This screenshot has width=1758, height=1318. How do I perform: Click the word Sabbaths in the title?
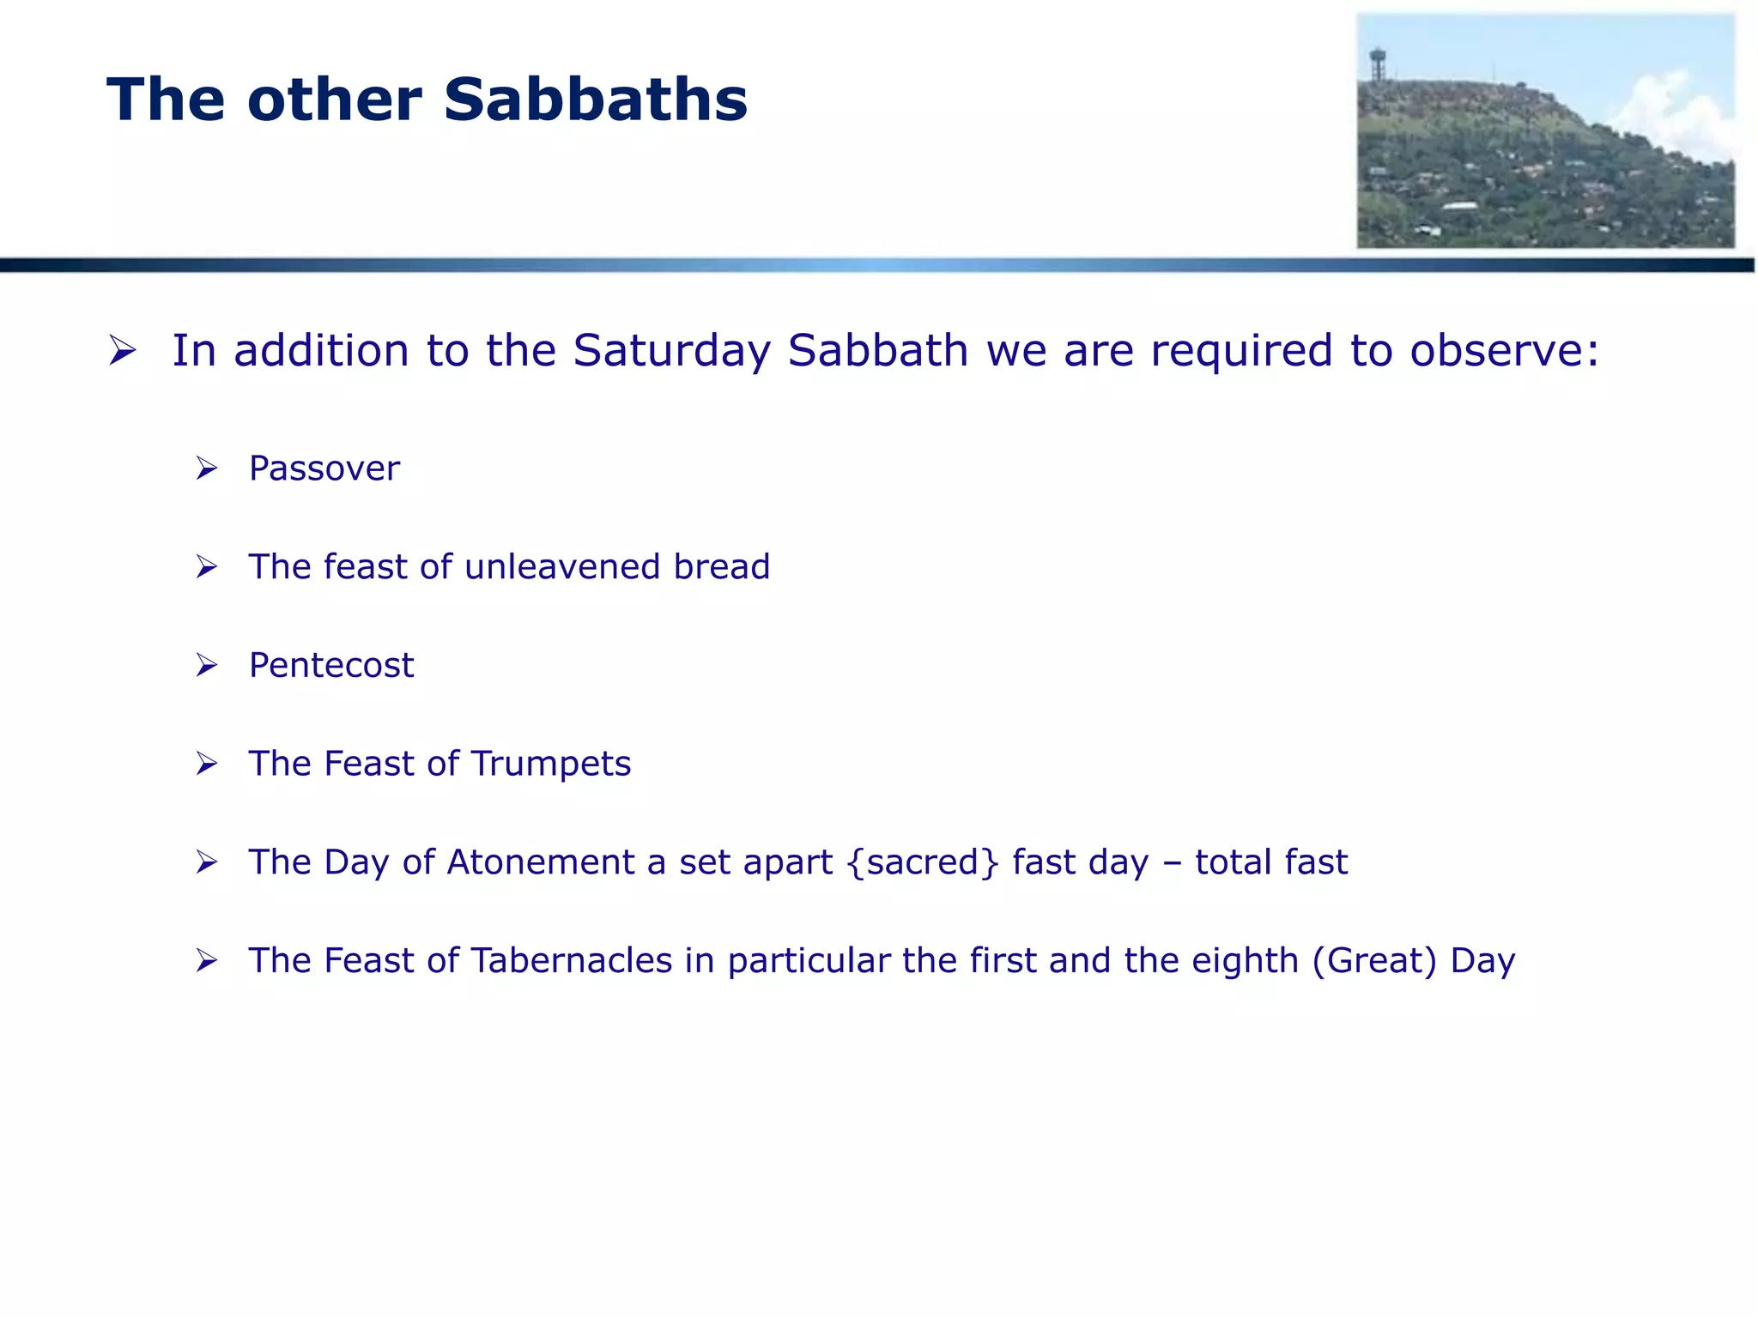tap(595, 100)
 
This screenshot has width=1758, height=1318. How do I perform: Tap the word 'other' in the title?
tap(334, 100)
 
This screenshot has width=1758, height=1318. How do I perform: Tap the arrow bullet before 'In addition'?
tap(123, 350)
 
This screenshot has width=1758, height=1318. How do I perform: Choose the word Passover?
tap(324, 469)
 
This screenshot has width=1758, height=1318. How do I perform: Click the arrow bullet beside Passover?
tap(207, 469)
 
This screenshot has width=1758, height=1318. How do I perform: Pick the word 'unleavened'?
tap(563, 567)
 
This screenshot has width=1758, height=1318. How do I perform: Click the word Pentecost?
tap(330, 666)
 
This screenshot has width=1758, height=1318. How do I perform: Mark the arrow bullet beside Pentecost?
tap(207, 666)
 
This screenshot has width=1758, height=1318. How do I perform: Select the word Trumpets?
tap(550, 765)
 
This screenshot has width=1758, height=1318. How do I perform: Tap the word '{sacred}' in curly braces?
tap(923, 862)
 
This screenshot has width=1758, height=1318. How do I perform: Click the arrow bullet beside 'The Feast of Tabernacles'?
tap(207, 961)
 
